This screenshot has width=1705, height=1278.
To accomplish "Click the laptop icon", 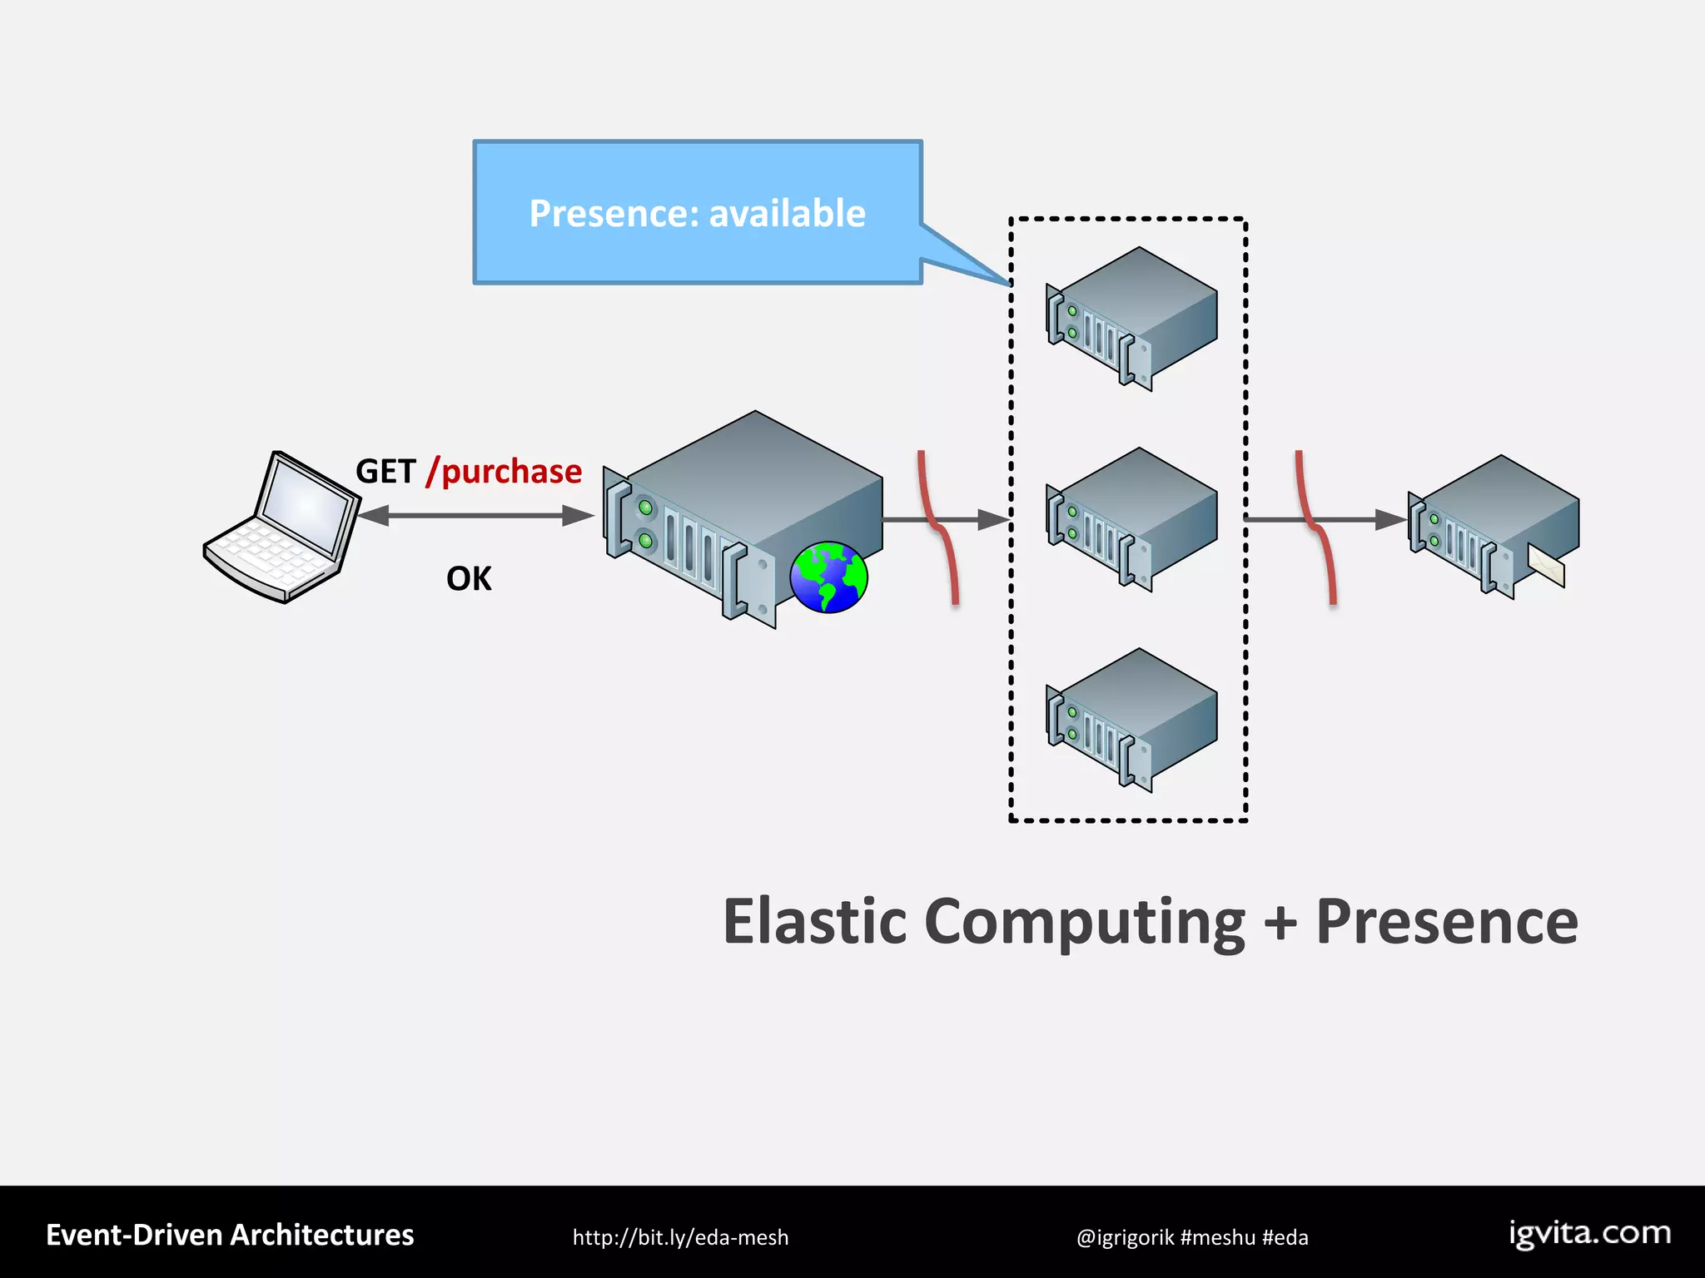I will pyautogui.click(x=281, y=527).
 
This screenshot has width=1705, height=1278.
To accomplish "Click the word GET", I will pyautogui.click(x=385, y=472).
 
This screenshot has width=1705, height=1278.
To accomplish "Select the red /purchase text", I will pyautogui.click(x=505, y=472).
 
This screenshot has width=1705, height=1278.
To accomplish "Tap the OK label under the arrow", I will pyautogui.click(x=469, y=578).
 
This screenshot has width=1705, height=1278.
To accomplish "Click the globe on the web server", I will pyautogui.click(x=828, y=577).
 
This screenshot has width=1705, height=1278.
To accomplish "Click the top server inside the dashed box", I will pyautogui.click(x=1131, y=319).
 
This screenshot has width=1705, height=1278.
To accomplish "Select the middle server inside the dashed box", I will pyautogui.click(x=1131, y=519).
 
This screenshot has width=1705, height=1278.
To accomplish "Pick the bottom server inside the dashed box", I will pyautogui.click(x=1131, y=720).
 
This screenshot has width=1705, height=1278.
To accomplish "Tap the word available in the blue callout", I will pyautogui.click(x=787, y=214).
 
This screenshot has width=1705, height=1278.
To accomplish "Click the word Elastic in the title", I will pyautogui.click(x=814, y=922).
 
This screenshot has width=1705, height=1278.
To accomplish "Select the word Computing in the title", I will pyautogui.click(x=1084, y=922).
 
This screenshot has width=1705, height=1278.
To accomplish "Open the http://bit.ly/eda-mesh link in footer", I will pyautogui.click(x=680, y=1237).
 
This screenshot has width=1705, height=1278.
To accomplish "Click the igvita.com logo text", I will pyautogui.click(x=1589, y=1233).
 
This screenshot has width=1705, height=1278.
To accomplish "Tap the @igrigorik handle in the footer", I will pyautogui.click(x=1125, y=1237).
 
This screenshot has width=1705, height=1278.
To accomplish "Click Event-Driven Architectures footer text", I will pyautogui.click(x=230, y=1235).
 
